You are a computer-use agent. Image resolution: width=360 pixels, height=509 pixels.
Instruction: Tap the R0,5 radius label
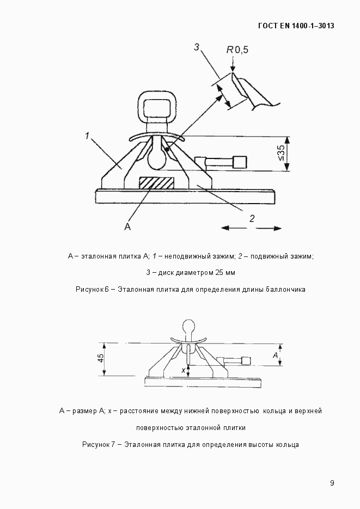[x=237, y=50]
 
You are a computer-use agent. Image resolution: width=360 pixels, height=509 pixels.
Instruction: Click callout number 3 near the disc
[x=197, y=47]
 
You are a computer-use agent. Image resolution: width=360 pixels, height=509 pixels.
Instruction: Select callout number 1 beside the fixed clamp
[x=87, y=136]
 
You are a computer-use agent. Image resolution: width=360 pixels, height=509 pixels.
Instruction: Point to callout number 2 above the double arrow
[x=252, y=218]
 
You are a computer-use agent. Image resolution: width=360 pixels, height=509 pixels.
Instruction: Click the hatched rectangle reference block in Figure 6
[x=157, y=183]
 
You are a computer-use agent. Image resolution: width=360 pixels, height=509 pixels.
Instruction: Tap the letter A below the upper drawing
[x=127, y=226]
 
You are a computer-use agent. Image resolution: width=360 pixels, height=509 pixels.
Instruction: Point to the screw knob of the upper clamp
[x=239, y=162]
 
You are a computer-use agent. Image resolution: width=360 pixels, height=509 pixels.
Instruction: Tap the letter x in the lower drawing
[x=184, y=370]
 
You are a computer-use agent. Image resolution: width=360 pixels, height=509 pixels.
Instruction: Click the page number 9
[x=332, y=483]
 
